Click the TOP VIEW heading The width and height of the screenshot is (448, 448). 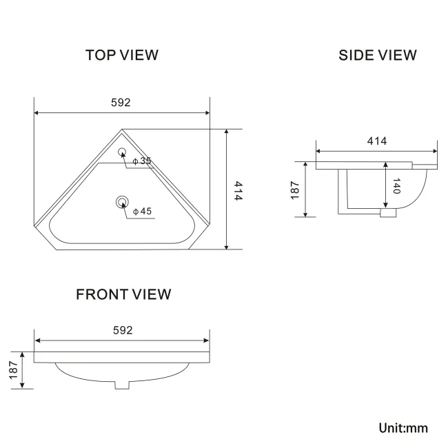tap(122, 54)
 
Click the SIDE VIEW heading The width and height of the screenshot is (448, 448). tap(377, 55)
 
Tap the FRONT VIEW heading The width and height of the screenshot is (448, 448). tap(123, 294)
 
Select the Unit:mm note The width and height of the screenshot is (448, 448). tap(403, 428)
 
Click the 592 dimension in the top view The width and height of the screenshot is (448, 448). tap(121, 102)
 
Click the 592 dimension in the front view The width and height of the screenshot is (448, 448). tap(121, 331)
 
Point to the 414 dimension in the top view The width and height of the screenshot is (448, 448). tap(236, 190)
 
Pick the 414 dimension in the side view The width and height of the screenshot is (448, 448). tap(376, 141)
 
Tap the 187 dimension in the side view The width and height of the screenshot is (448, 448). tap(295, 190)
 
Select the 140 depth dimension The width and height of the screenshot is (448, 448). tap(396, 187)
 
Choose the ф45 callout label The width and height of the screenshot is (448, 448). tap(141, 211)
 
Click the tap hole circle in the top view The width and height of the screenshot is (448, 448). tap(122, 153)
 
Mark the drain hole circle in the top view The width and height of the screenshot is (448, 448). tap(122, 202)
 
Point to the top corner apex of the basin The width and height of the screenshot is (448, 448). tap(122, 129)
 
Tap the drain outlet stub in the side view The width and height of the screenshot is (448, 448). tap(388, 214)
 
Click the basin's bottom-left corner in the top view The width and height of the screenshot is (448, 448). tap(56, 249)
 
